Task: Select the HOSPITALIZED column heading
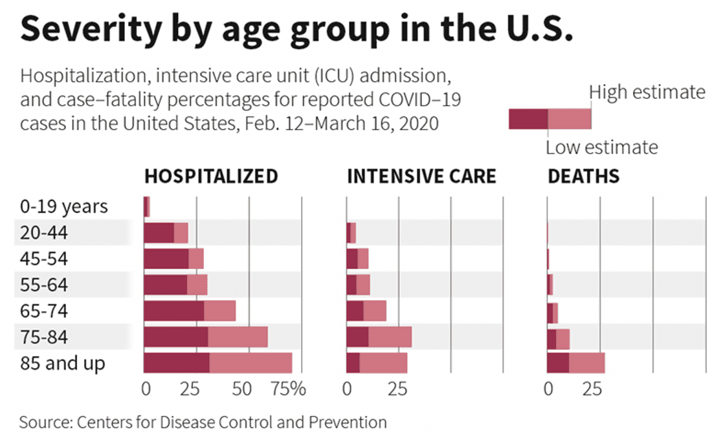[211, 177]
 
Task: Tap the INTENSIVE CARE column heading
[421, 177]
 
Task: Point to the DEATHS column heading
[583, 177]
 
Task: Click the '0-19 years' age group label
[63, 207]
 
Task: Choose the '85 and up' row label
[62, 363]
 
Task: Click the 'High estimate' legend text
[647, 92]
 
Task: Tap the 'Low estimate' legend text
[601, 147]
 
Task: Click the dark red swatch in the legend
[528, 119]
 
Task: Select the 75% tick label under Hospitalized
[289, 389]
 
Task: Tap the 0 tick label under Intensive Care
[348, 389]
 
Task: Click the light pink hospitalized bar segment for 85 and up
[250, 363]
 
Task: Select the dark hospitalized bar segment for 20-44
[159, 233]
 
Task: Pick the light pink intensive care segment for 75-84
[390, 337]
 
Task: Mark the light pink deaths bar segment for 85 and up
[586, 363]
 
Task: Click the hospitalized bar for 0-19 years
[146, 207]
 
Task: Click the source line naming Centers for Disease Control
[203, 422]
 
